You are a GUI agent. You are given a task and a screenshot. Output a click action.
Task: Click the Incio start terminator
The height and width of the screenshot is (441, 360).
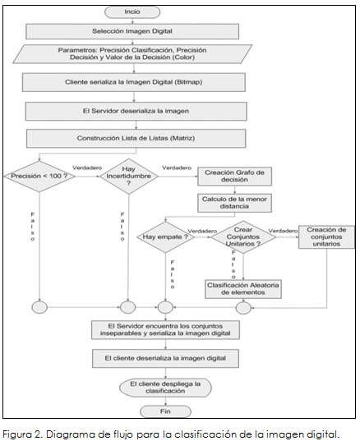[132, 12]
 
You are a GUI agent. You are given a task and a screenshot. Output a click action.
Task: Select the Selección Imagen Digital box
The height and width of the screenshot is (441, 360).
[132, 31]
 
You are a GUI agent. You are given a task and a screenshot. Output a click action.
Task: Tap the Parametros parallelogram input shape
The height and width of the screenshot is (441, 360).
[132, 54]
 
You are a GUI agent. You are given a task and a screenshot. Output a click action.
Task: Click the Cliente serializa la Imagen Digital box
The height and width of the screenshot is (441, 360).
[134, 82]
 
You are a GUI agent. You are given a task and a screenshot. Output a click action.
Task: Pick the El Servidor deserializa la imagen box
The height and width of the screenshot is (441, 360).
[136, 111]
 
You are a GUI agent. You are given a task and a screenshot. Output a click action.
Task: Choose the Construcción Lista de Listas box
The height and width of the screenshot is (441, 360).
[136, 138]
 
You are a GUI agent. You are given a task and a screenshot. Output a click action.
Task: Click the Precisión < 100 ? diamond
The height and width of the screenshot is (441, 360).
[39, 177]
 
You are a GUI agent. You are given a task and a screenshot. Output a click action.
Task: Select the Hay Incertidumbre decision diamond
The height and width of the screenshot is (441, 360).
[129, 177]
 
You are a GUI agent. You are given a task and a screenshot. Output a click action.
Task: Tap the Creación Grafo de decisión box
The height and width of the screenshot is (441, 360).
[234, 177]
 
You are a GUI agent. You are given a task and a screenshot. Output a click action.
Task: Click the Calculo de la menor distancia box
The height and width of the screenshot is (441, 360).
[234, 203]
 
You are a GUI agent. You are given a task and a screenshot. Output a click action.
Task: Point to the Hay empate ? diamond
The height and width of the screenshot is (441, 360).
[165, 237]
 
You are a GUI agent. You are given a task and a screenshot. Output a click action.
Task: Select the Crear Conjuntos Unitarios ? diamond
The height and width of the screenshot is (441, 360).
[243, 237]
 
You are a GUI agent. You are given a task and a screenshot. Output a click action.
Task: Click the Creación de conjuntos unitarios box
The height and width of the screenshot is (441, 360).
[326, 237]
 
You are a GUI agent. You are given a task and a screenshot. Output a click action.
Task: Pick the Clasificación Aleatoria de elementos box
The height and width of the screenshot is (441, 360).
[243, 289]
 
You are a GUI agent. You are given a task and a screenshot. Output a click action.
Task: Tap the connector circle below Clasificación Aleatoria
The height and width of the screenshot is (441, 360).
[243, 308]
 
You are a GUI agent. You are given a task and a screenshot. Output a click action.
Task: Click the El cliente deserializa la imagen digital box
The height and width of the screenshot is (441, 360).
[165, 359]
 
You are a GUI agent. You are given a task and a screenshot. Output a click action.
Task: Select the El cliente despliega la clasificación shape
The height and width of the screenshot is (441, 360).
[165, 388]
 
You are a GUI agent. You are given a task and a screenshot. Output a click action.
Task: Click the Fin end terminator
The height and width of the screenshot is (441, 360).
[165, 411]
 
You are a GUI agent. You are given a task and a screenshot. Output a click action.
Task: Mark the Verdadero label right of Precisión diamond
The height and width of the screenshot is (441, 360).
[87, 168]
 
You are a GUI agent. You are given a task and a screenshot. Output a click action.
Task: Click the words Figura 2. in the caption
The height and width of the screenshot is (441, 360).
[22, 434]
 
